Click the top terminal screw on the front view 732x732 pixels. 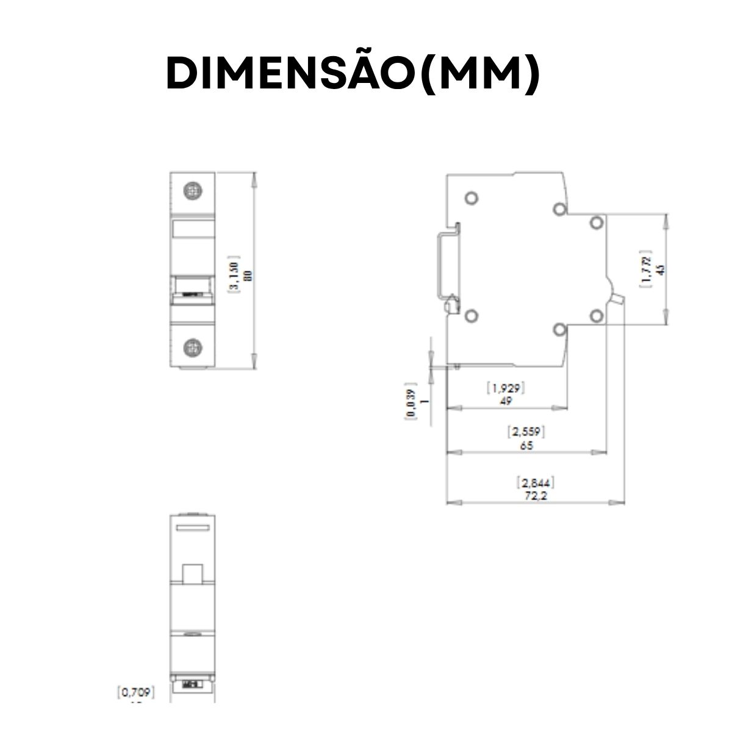[193, 191]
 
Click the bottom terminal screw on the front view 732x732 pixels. [193, 348]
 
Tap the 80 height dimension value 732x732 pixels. [248, 276]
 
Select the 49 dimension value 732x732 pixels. [505, 401]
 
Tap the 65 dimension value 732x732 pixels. [526, 445]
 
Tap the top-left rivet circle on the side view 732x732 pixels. [471, 198]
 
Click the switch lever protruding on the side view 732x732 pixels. [618, 297]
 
